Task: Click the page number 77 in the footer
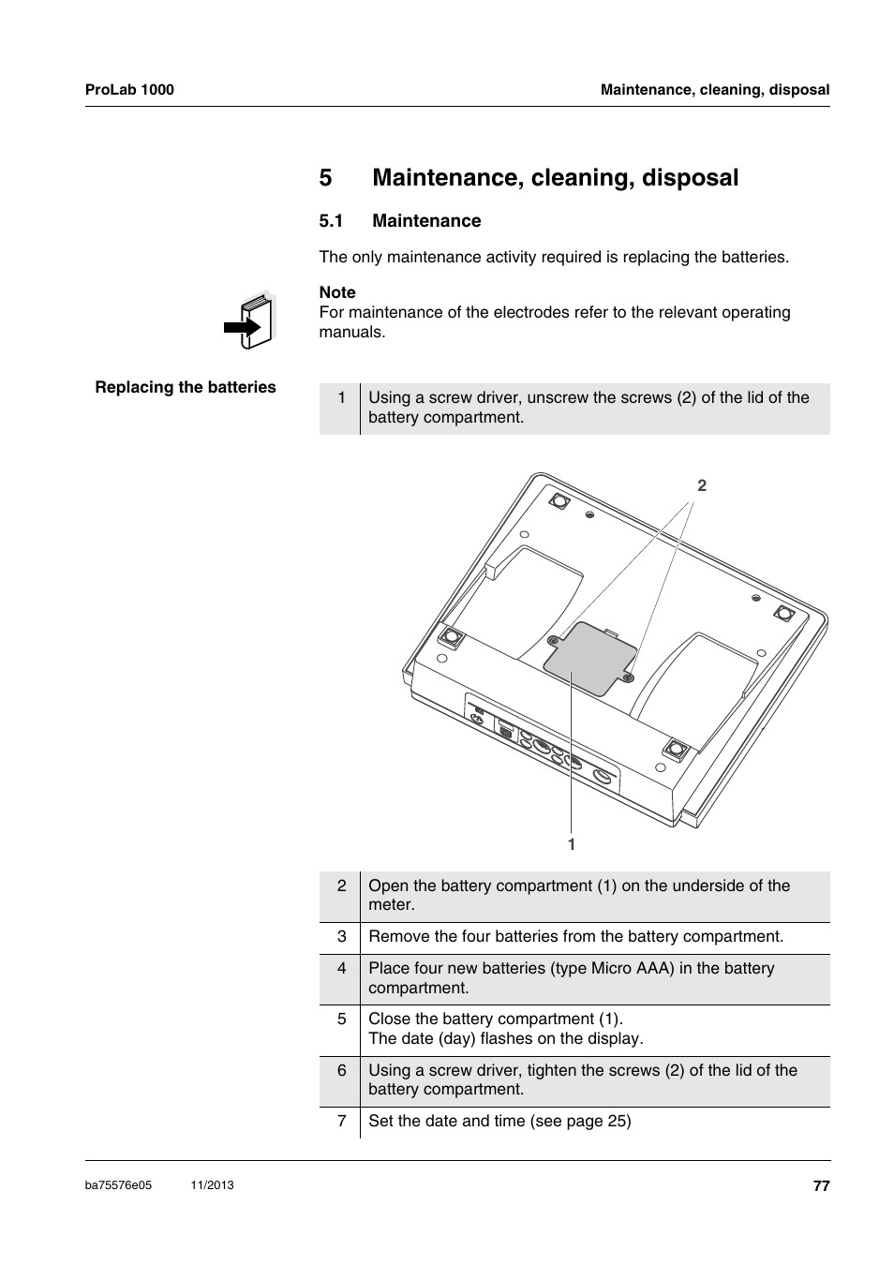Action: pos(821,1185)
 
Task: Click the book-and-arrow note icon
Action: pos(250,321)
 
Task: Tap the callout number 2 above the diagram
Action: pos(702,485)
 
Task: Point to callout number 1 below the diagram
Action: pos(571,844)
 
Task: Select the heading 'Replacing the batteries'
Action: pos(186,387)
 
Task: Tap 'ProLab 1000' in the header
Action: pos(129,90)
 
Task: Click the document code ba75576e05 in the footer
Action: pos(118,1185)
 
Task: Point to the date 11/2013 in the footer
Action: pos(212,1185)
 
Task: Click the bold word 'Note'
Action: pos(337,292)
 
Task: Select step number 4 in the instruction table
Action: pos(342,968)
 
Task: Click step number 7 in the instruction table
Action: pos(342,1121)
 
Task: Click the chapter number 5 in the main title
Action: pos(326,178)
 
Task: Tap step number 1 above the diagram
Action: pos(342,397)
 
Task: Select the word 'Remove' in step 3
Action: pos(395,936)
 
